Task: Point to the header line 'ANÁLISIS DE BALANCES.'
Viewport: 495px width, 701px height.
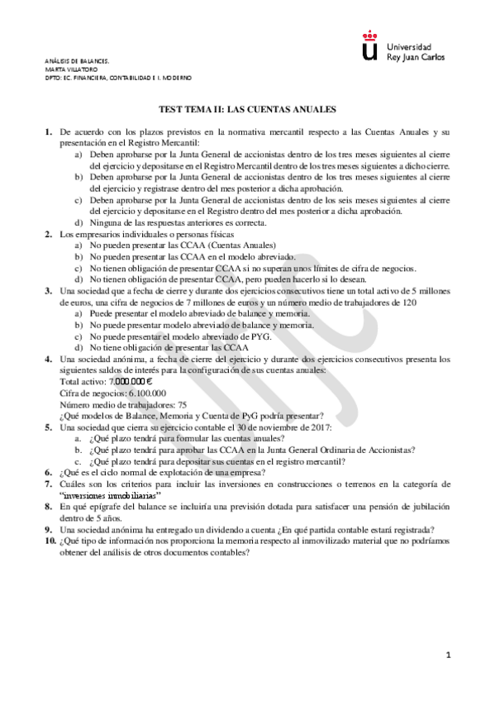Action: tap(76, 61)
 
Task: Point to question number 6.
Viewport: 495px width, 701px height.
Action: tap(48, 471)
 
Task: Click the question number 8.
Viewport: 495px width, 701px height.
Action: tap(48, 504)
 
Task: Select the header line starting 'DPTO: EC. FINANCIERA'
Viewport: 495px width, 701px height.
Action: tap(118, 77)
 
